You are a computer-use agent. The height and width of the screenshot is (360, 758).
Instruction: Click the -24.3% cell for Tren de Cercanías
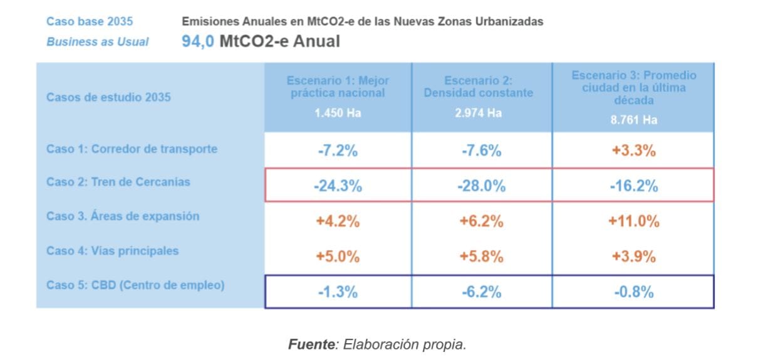click(x=338, y=186)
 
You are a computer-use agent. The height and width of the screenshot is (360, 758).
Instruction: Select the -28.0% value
click(x=480, y=186)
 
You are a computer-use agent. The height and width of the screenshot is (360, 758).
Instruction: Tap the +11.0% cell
click(x=633, y=221)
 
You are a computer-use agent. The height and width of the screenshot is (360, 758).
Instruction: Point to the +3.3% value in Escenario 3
click(x=633, y=150)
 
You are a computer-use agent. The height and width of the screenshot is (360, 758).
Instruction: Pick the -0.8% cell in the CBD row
click(x=633, y=292)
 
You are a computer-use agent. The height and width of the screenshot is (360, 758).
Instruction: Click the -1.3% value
click(x=338, y=292)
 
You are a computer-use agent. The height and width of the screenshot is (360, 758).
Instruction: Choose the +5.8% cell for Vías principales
click(x=480, y=256)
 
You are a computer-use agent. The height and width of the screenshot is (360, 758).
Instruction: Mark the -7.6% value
click(x=480, y=150)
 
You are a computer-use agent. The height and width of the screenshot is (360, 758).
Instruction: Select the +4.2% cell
click(x=338, y=221)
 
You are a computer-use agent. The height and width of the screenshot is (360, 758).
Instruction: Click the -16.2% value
click(x=633, y=186)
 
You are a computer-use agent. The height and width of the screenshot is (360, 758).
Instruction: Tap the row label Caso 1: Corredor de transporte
click(x=132, y=149)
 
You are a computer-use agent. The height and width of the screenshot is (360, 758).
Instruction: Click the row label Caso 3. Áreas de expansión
click(x=123, y=216)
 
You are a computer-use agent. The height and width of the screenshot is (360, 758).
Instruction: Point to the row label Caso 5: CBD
click(x=135, y=285)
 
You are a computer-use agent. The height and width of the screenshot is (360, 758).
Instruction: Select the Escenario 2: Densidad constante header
click(x=479, y=87)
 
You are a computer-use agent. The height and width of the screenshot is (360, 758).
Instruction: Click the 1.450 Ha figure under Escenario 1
click(x=338, y=113)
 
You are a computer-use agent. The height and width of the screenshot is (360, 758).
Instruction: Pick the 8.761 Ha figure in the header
click(x=633, y=120)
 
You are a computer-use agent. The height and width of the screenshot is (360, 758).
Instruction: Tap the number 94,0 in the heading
click(x=198, y=42)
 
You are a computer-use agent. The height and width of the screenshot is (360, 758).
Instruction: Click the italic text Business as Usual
click(x=98, y=42)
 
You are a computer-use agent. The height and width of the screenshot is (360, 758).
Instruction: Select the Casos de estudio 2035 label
click(x=108, y=97)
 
